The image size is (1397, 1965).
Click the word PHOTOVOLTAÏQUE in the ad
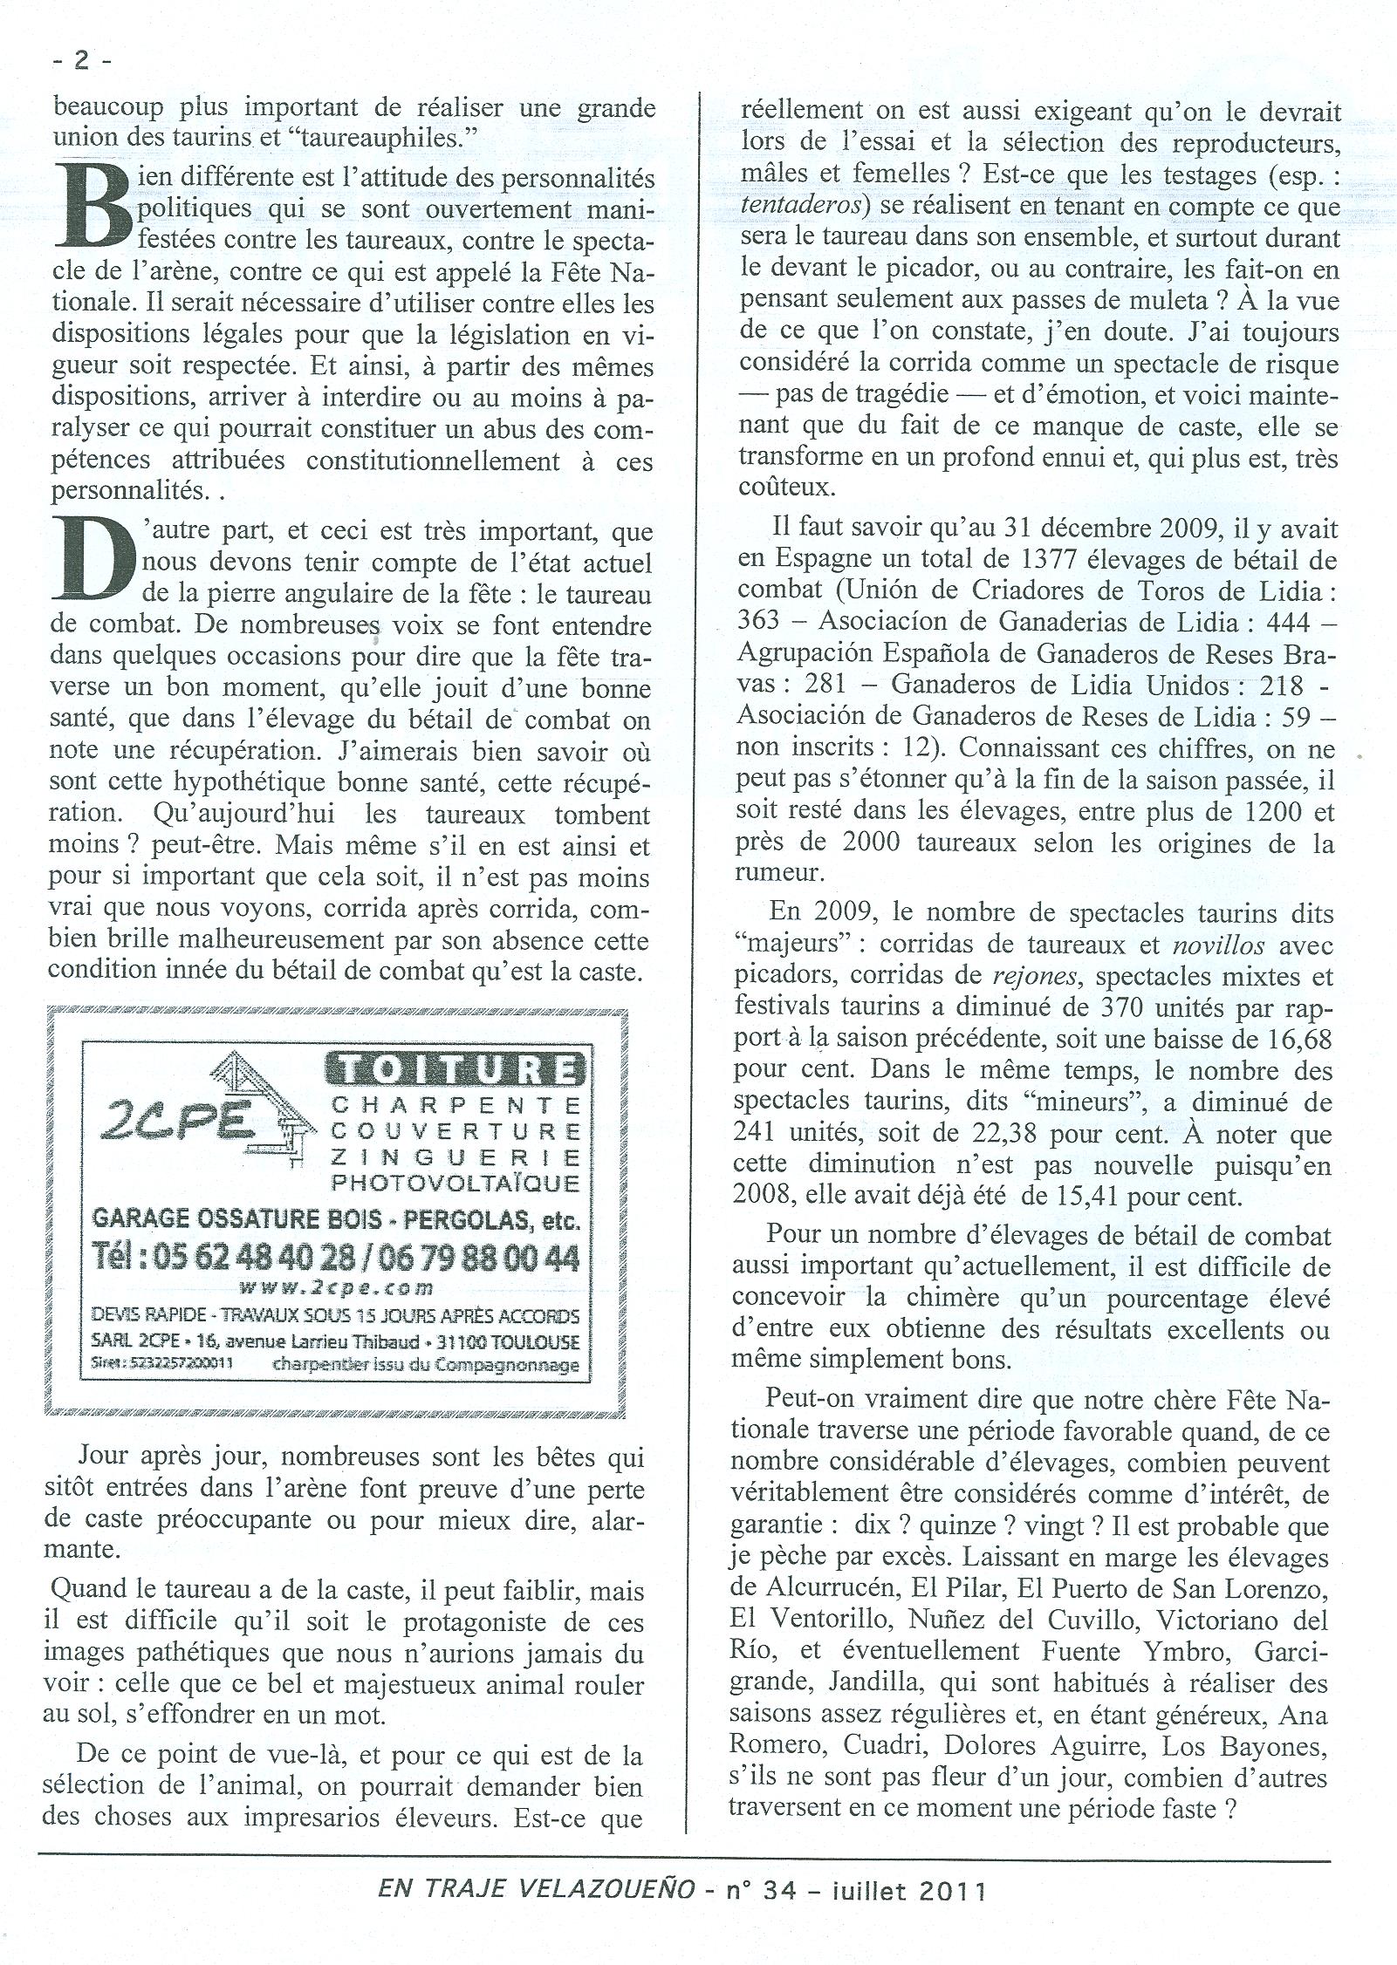point(455,1184)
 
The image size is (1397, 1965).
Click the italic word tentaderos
point(794,205)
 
